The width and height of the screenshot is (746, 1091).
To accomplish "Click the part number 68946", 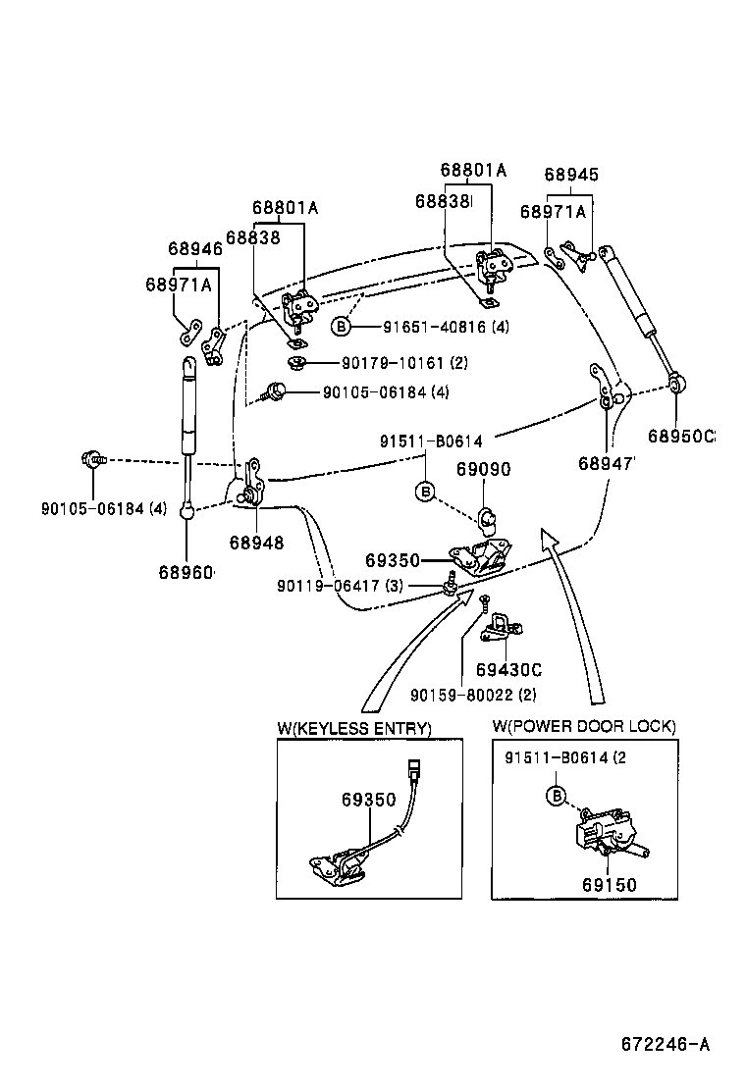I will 194,249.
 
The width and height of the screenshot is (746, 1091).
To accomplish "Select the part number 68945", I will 571,175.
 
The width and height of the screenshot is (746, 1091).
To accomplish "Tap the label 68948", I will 256,543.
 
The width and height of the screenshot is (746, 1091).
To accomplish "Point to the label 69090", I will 483,470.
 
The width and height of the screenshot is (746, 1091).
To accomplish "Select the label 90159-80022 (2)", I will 473,697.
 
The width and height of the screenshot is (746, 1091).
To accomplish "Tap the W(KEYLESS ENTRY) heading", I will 354,728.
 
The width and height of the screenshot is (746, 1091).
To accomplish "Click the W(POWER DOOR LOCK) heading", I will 584,727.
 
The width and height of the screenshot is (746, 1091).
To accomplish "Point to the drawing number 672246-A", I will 665,1044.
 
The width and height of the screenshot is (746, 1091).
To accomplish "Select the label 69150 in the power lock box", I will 609,885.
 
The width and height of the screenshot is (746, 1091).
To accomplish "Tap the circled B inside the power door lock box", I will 556,796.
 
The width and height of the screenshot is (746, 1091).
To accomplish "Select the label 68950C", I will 681,436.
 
